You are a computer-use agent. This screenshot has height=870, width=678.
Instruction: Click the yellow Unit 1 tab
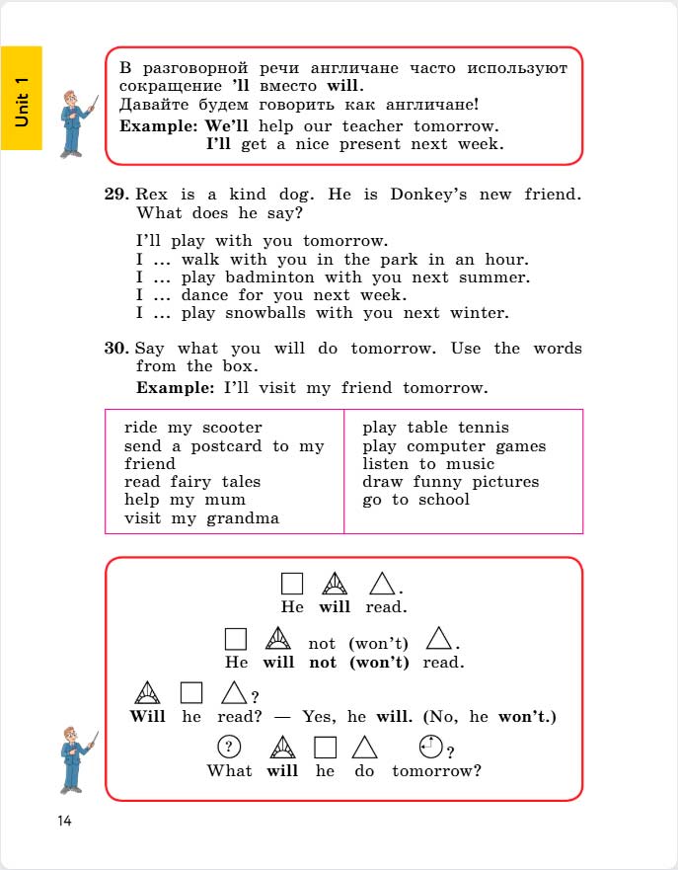[x=22, y=98]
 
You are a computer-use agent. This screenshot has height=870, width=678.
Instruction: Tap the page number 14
[x=65, y=821]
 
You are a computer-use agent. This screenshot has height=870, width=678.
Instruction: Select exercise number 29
[x=116, y=195]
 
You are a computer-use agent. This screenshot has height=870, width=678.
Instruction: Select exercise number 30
[x=116, y=349]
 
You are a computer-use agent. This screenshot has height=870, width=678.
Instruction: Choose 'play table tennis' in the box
[x=435, y=428]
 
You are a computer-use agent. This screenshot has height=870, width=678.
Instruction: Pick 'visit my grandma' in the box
[x=201, y=518]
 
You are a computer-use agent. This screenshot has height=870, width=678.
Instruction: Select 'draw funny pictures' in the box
[x=450, y=482]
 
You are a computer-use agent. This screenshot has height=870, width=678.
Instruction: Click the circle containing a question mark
[x=228, y=747]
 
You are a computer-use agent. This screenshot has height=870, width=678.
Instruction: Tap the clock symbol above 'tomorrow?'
[x=429, y=747]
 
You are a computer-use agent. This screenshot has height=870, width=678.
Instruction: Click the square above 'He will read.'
[x=291, y=584]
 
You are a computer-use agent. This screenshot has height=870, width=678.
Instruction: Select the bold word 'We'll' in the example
[x=226, y=126]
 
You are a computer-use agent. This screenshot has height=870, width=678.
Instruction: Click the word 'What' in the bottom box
[x=229, y=770]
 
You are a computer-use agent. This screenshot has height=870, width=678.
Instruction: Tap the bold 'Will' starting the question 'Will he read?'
[x=147, y=716]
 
